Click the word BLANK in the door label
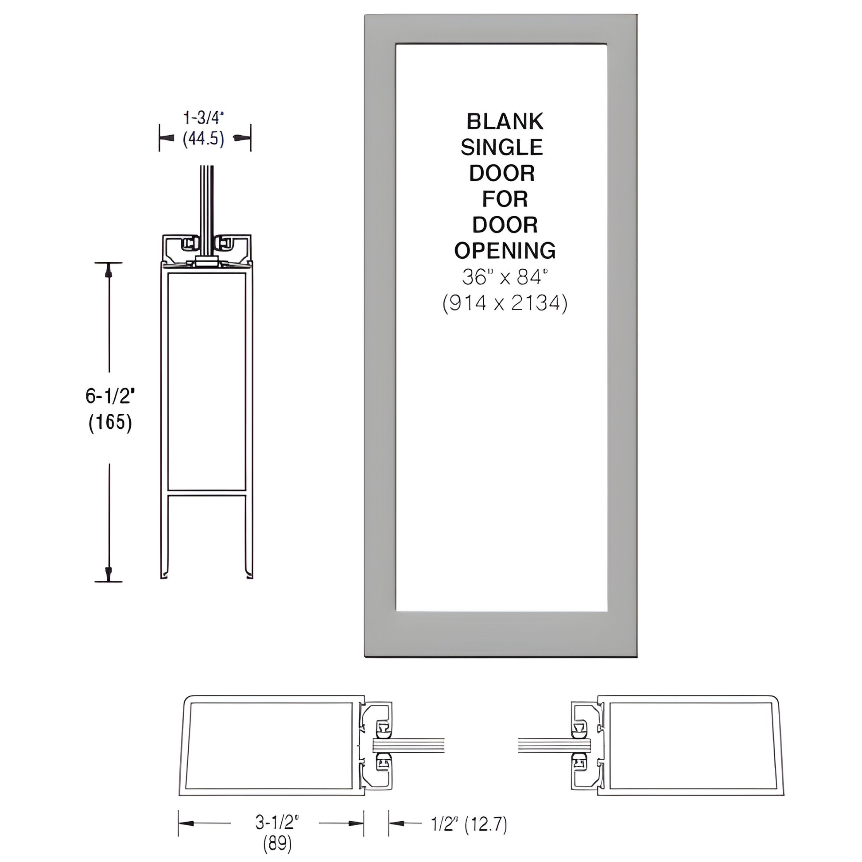[x=505, y=122]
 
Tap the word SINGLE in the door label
[x=502, y=147]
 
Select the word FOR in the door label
[x=505, y=199]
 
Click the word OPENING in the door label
[x=505, y=251]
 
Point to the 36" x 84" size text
[x=504, y=277]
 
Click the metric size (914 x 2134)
[x=505, y=304]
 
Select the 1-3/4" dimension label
[x=203, y=118]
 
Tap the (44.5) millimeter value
[x=203, y=139]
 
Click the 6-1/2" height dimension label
[x=110, y=396]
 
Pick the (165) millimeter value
[x=110, y=422]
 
